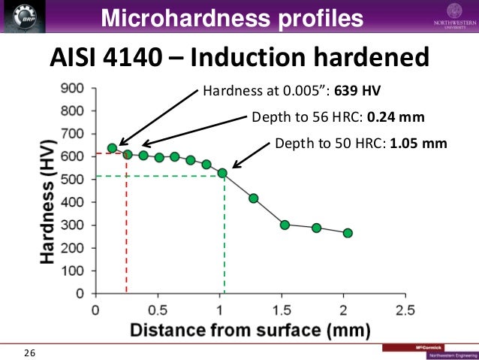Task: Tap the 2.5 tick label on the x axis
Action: tap(405, 310)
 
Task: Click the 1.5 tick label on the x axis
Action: tap(282, 310)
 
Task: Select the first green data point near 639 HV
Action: tap(112, 148)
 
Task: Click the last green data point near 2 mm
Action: tap(348, 233)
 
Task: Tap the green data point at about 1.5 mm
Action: tap(285, 225)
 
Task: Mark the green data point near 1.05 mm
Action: tap(222, 173)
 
